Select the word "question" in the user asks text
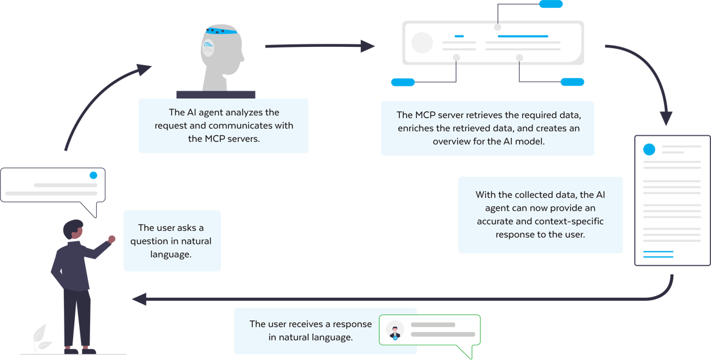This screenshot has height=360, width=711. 150,241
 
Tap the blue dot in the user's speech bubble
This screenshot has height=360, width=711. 93,175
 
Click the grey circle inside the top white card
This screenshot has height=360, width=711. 422,43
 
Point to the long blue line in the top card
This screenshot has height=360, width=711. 524,37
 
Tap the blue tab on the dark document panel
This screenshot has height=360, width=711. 652,150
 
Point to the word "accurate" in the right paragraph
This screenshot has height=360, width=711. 496,221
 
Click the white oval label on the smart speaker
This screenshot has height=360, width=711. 208,48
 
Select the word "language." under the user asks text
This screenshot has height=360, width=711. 171,254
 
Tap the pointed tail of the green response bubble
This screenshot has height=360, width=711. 466,353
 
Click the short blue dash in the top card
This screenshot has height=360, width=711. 459,37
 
